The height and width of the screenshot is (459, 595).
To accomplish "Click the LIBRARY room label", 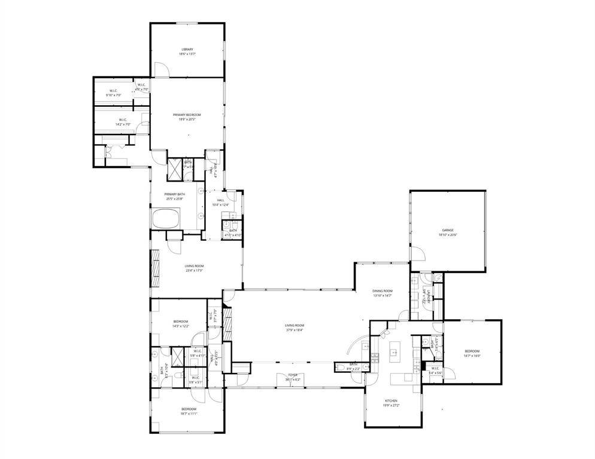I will (187, 49).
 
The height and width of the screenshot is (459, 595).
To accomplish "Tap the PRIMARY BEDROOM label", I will (187, 114).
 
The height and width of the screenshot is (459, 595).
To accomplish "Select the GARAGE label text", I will (447, 229).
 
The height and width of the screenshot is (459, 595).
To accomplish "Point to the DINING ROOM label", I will (382, 290).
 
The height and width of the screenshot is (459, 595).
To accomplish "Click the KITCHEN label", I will (391, 400).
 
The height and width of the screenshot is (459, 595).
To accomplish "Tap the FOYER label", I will (293, 375).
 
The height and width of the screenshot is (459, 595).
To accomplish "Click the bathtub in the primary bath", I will (166, 218).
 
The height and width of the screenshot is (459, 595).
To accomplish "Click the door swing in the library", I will (161, 69).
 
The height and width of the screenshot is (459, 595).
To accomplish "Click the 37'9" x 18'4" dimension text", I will (294, 330).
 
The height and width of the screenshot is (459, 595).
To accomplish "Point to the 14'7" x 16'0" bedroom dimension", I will (472, 356).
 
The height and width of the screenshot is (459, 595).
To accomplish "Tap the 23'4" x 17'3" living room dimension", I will (195, 271).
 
